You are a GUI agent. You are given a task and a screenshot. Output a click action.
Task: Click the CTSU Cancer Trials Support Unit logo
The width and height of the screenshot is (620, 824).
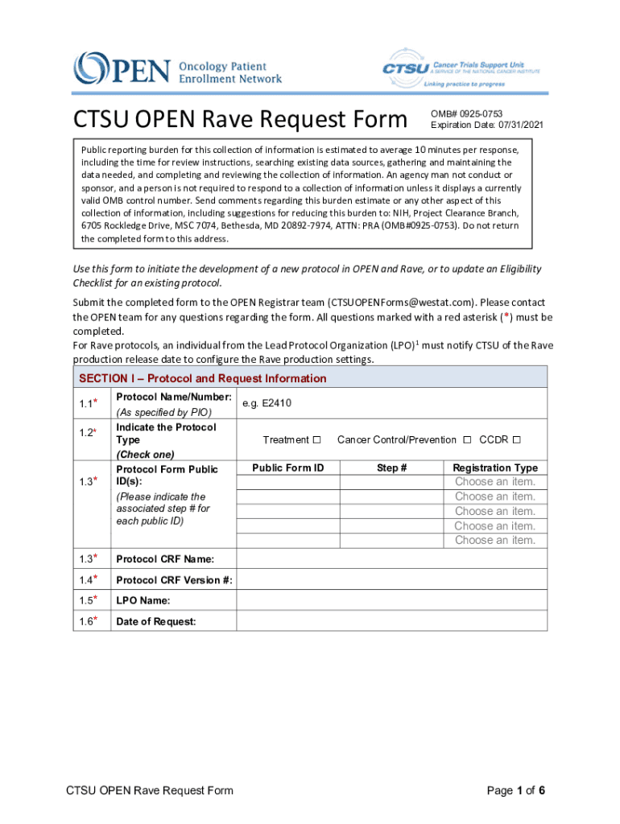coord(461,68)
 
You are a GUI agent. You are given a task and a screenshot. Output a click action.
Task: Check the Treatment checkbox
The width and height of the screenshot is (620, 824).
coord(316,440)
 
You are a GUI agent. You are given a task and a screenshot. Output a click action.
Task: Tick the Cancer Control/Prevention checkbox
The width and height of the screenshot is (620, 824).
coord(467,440)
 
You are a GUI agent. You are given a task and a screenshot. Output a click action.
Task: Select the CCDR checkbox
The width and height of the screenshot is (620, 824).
coord(517,440)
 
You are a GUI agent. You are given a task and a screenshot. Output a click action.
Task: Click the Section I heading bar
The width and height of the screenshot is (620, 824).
coord(310,378)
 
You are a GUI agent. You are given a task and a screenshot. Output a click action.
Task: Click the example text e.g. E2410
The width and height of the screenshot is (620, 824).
coord(267,404)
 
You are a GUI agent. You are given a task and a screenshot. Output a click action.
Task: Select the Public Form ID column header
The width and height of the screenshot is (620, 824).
coord(287,468)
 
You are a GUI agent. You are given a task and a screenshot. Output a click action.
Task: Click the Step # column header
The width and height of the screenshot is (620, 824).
coord(391,468)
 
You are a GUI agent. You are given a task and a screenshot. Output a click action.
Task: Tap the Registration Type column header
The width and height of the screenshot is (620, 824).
coord(495,468)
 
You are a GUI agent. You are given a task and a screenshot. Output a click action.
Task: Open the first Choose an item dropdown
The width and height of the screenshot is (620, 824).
coord(495,482)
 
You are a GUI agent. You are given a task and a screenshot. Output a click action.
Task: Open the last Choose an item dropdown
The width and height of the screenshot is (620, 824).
coord(495,540)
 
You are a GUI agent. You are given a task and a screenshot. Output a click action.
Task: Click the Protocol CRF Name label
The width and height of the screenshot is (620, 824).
coord(165,559)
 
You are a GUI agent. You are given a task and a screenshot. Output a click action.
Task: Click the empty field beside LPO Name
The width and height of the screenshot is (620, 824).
coord(391,600)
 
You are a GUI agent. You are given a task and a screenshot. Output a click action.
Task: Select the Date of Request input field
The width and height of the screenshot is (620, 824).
coord(391,621)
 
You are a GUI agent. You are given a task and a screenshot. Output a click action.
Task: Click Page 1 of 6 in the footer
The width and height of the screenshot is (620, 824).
coord(516,790)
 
